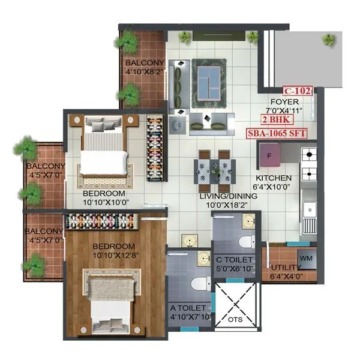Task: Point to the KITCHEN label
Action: click(x=274, y=178)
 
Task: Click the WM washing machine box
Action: click(x=306, y=258)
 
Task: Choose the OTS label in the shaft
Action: click(x=236, y=320)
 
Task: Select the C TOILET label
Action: click(x=235, y=259)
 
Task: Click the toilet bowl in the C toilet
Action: click(x=245, y=242)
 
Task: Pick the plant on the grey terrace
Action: click(x=329, y=40)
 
